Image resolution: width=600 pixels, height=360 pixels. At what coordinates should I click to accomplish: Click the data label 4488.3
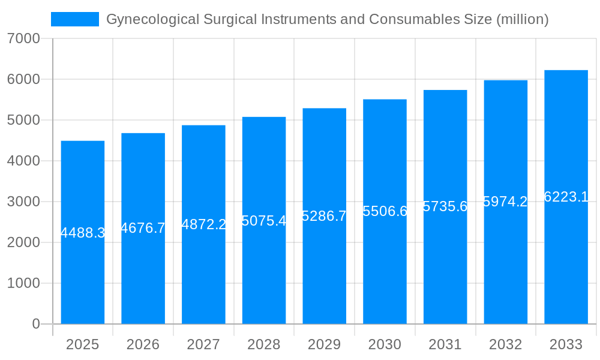(x=83, y=233)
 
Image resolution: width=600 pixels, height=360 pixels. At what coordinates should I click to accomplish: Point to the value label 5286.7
(x=324, y=216)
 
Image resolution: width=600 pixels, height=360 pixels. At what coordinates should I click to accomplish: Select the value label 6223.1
(x=566, y=197)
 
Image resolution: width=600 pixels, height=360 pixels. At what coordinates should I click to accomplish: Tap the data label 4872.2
(x=203, y=224)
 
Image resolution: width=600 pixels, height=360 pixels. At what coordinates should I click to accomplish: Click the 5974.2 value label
(x=505, y=202)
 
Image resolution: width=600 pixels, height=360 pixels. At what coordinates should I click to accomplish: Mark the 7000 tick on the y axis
(x=23, y=38)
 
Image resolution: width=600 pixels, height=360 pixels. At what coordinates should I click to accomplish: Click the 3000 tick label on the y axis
(x=23, y=202)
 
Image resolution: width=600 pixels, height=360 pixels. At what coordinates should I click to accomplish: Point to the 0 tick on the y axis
(x=35, y=324)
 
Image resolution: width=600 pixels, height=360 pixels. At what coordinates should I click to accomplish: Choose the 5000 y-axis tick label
(x=23, y=120)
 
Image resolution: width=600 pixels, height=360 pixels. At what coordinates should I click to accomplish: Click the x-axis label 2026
(x=143, y=344)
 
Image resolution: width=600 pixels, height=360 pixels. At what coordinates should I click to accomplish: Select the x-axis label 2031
(x=445, y=344)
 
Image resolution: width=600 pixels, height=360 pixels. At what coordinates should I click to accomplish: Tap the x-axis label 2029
(x=324, y=344)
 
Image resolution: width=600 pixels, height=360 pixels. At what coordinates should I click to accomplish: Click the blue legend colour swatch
(x=75, y=19)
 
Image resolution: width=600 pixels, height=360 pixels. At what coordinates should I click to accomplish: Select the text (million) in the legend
(x=523, y=19)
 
